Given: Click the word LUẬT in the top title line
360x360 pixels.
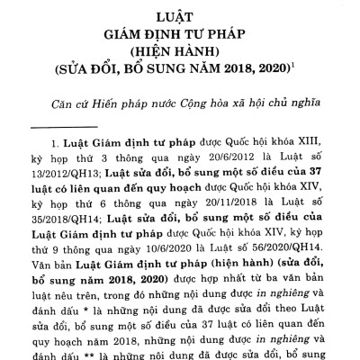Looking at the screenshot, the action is [x=180, y=15].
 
